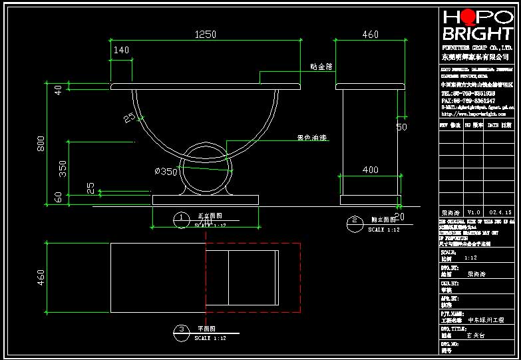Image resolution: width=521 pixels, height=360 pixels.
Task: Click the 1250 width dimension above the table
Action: tap(206, 34)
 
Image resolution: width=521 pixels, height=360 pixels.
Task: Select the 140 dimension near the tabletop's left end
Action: tap(121, 50)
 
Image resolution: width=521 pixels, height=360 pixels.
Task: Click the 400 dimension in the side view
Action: tap(370, 170)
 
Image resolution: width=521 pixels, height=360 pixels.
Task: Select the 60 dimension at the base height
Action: tap(58, 198)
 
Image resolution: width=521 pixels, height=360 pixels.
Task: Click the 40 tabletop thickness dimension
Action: tap(58, 89)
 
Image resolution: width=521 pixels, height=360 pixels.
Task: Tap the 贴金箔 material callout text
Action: tap(323, 67)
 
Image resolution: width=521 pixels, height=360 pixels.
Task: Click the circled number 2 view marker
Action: tap(355, 221)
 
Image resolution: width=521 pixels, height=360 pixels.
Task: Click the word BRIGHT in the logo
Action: tap(478, 34)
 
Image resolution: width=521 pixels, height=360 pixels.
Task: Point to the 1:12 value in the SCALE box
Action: tap(470, 258)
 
